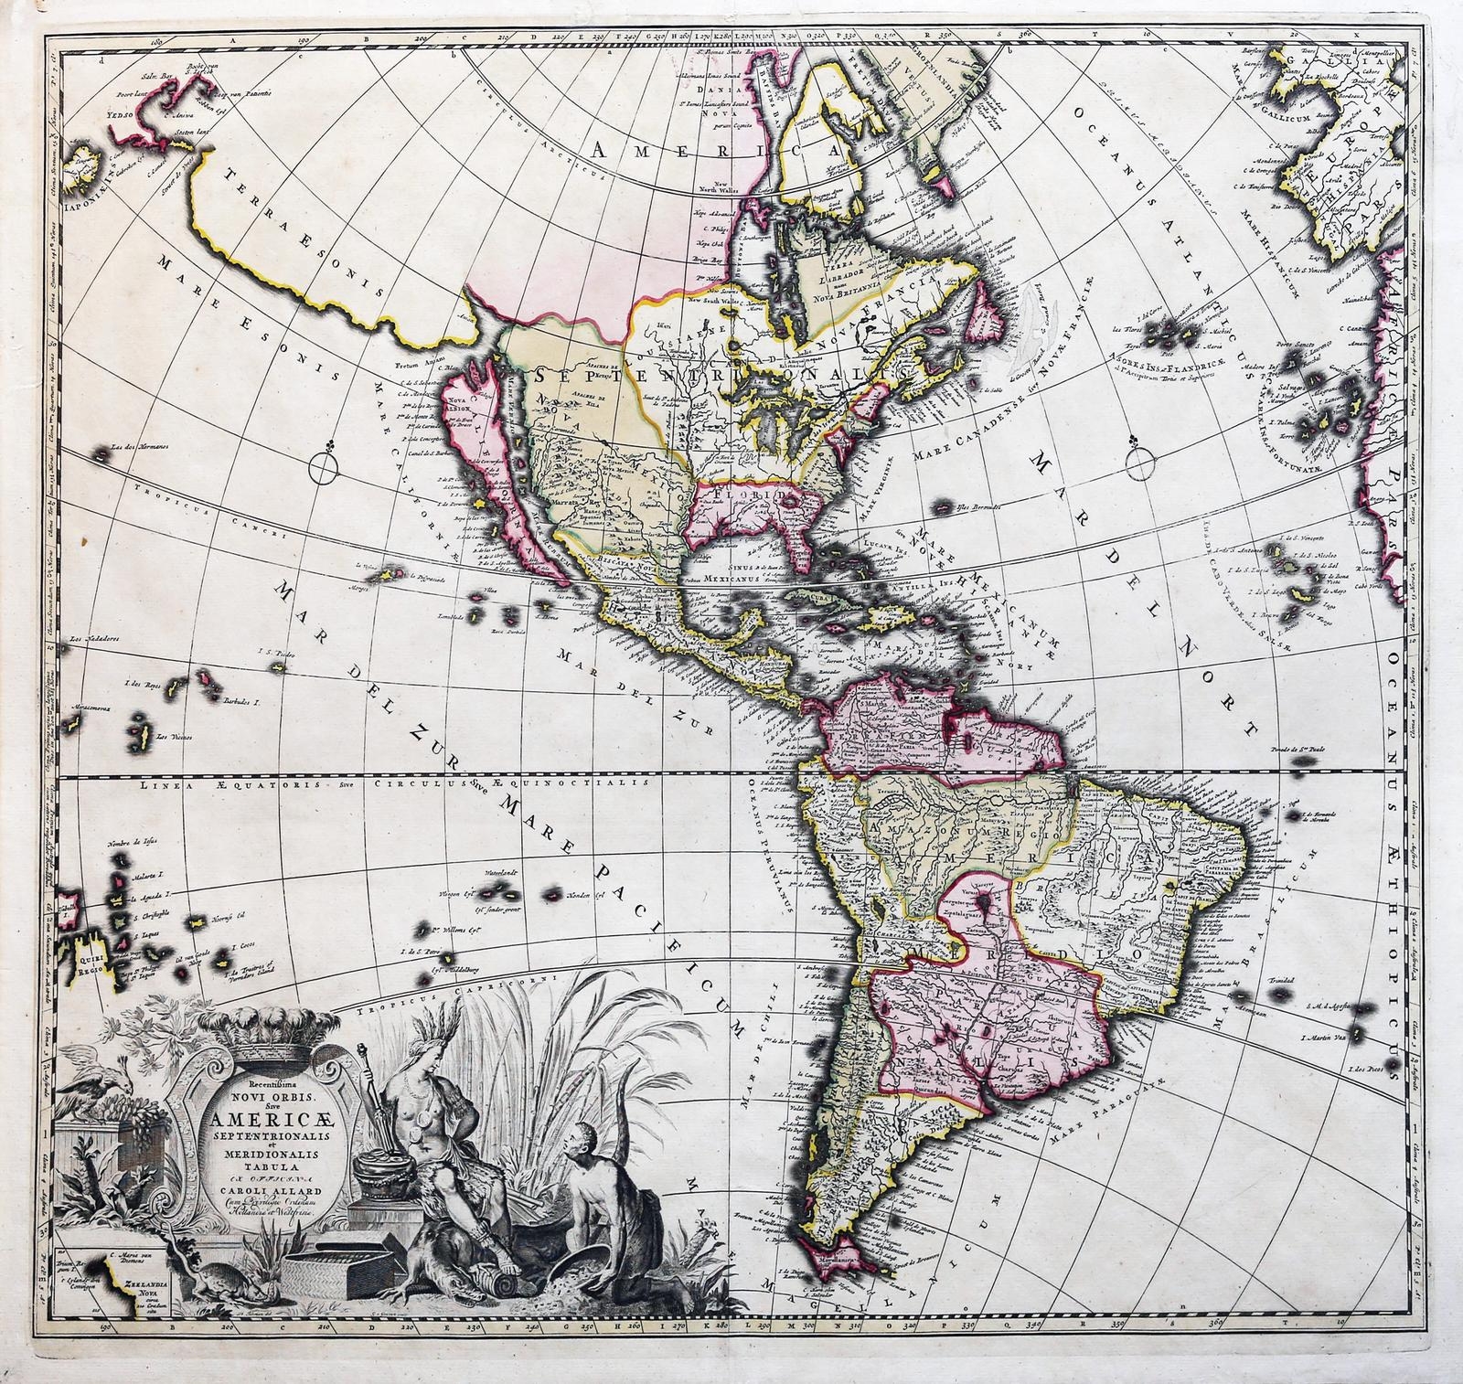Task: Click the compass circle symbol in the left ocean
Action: tap(322, 469)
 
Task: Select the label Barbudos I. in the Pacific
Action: tap(244, 702)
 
